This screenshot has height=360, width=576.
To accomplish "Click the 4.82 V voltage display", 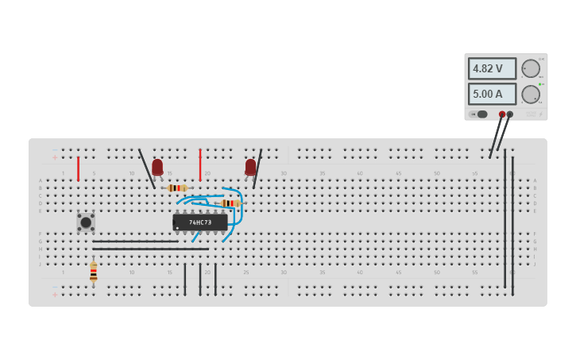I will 491,68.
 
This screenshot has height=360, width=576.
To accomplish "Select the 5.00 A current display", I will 491,94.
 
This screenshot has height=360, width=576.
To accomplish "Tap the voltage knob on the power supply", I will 530,68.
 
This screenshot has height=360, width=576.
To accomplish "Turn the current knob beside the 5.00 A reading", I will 530,95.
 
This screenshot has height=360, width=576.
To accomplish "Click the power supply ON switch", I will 480,114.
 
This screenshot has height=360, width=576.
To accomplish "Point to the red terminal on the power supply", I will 502,114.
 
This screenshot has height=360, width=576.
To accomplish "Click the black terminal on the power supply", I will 510,114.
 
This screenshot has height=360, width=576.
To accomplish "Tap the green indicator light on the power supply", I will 539,84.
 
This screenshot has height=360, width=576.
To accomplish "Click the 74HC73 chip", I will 200,223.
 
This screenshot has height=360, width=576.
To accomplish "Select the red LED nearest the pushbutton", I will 157,167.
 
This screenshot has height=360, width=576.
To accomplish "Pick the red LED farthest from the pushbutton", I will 250,167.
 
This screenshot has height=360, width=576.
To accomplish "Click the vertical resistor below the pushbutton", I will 93,272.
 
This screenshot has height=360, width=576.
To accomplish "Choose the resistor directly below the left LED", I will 176,188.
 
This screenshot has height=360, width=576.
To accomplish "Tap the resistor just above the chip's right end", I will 230,203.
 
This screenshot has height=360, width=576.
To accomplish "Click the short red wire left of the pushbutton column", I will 78,168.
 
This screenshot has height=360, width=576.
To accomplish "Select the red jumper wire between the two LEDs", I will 200,165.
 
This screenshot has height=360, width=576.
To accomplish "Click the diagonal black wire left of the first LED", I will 147,168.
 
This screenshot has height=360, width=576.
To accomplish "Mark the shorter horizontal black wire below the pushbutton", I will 135,241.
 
